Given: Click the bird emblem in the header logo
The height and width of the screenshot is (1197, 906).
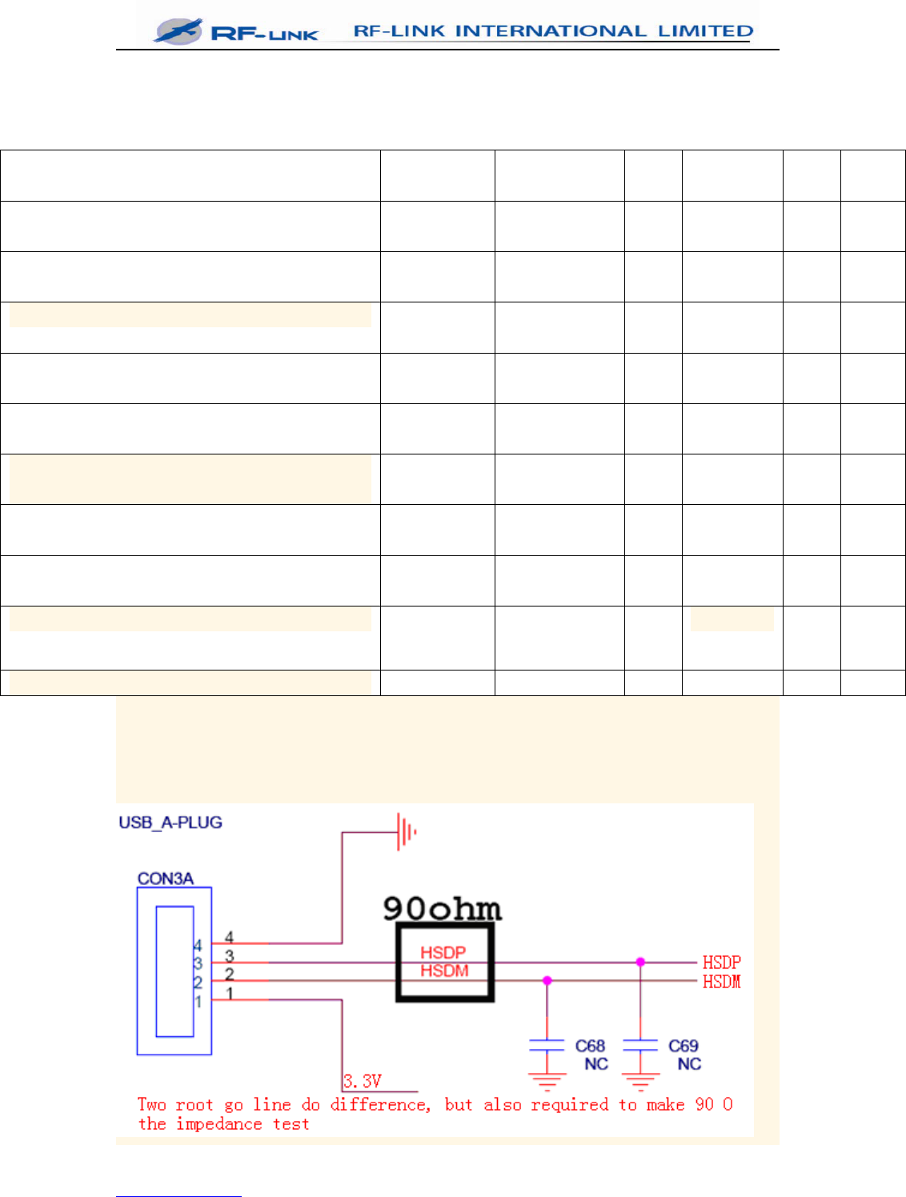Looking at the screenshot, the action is coord(178,31).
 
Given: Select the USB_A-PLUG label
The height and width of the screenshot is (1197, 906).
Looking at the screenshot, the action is coord(170,823).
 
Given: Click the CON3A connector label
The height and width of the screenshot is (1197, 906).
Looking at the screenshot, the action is coord(166,879).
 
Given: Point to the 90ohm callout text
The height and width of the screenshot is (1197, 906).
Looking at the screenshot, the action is coord(442,909).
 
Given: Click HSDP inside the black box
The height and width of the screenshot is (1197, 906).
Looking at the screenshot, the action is coord(443,952).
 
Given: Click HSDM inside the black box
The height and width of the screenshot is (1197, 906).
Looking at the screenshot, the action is coord(444,971).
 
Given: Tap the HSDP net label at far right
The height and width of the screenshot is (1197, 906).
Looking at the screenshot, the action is coord(722,962).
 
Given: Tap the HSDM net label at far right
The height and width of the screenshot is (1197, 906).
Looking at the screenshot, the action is coord(722,981).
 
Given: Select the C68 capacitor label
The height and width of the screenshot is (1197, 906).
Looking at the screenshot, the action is coord(591,1046).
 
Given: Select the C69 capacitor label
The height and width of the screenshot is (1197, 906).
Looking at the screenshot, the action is coord(684,1046).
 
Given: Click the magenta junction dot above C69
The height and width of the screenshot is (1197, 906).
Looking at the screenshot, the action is coord(640,962).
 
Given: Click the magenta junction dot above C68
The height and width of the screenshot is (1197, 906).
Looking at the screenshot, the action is coord(547,980).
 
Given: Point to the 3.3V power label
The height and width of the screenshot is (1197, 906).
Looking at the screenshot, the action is coord(363,1081).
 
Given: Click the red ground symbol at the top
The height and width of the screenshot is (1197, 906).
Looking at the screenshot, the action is coord(407,832).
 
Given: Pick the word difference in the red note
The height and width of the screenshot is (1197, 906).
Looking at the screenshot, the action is coord(380,1105).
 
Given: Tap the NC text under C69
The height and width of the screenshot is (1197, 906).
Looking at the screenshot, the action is coord(689,1064).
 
